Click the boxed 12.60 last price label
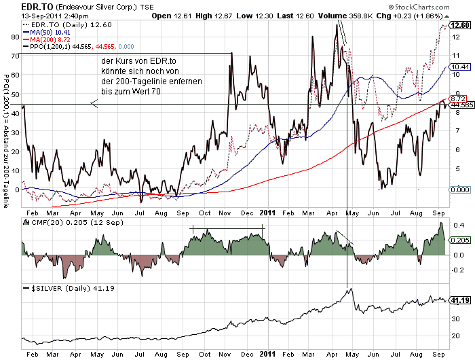click(x=461, y=25)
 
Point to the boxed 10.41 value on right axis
click(x=461, y=67)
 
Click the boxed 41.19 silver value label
click(x=461, y=300)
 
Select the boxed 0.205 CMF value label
click(x=461, y=240)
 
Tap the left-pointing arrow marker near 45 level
click(x=94, y=104)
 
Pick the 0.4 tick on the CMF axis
click(x=458, y=225)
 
